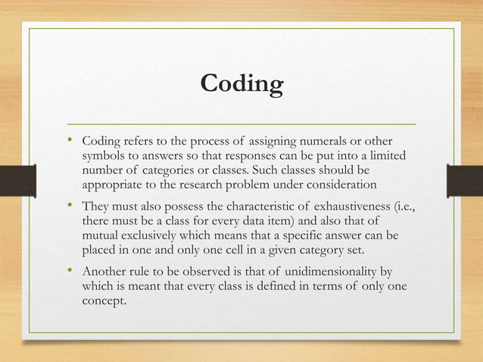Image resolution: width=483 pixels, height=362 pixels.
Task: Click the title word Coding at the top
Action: point(241,83)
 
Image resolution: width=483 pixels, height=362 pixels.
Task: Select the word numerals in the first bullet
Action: point(330,141)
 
